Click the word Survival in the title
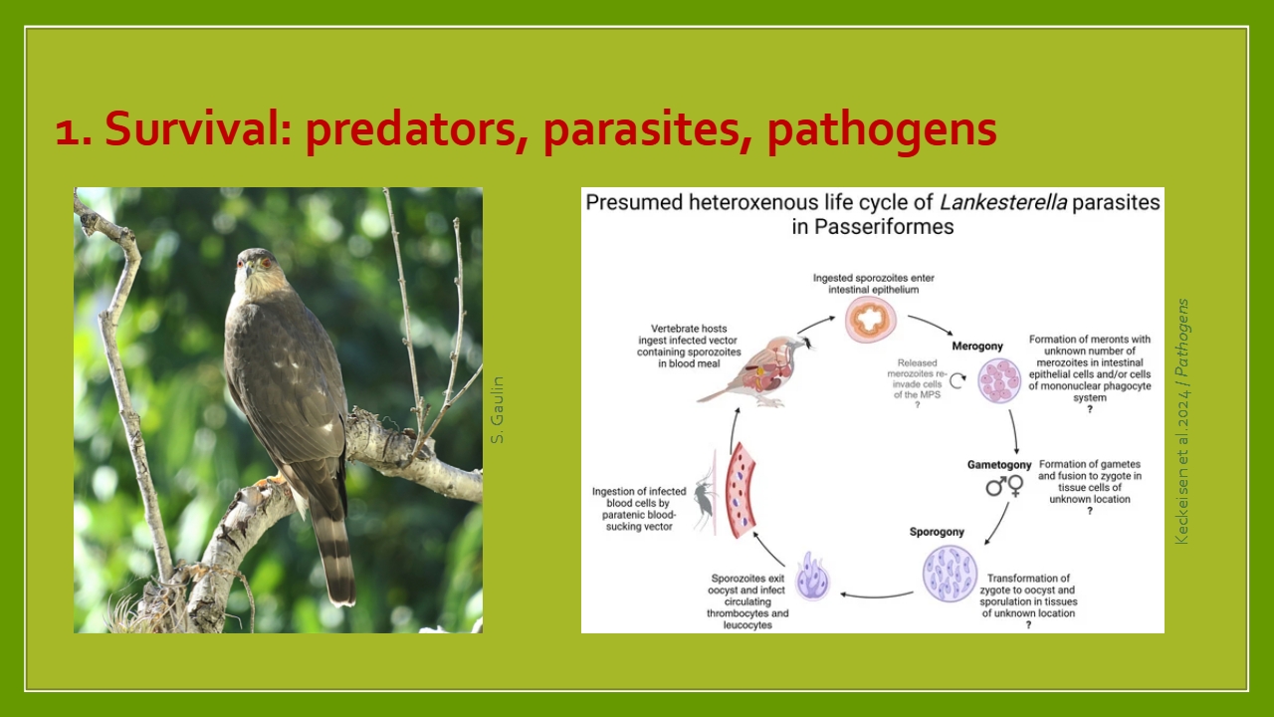click(197, 128)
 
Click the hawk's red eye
click(265, 262)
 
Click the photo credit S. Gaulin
click(497, 409)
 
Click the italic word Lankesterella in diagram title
click(1002, 202)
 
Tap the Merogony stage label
click(977, 346)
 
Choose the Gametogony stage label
click(999, 465)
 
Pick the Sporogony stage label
click(937, 532)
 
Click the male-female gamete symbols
click(1004, 486)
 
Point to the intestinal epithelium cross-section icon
click(870, 320)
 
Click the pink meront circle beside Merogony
click(999, 380)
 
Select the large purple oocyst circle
click(950, 574)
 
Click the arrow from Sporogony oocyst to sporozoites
click(877, 596)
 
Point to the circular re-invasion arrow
click(957, 380)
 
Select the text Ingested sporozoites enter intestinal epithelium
click(873, 284)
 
